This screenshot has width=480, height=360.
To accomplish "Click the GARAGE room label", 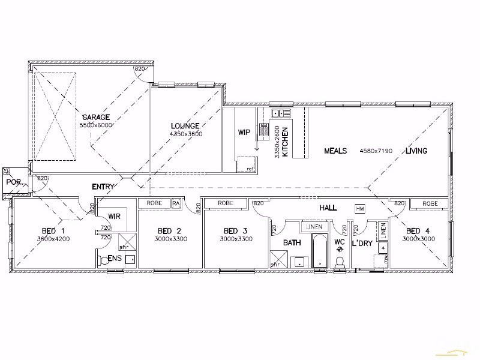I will pyautogui.click(x=95, y=117).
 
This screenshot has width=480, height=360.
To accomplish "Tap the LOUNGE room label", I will pyautogui.click(x=185, y=126).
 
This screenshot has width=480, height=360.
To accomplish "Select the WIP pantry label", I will pyautogui.click(x=244, y=132).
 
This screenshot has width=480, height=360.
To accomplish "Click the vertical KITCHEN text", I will pyautogui.click(x=286, y=142).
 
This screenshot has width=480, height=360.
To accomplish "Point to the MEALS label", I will pyautogui.click(x=336, y=151).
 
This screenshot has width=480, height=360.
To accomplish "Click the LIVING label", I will pyautogui.click(x=416, y=151).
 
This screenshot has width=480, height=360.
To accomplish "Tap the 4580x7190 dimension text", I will pyautogui.click(x=376, y=151).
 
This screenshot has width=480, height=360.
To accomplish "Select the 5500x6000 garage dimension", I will pyautogui.click(x=96, y=125).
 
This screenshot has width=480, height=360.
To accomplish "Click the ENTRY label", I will pyautogui.click(x=103, y=187).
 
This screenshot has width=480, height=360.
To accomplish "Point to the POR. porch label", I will pyautogui.click(x=13, y=182).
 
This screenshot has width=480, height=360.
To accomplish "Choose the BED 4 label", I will pyautogui.click(x=418, y=231).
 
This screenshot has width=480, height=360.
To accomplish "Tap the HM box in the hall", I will pyautogui.click(x=360, y=208).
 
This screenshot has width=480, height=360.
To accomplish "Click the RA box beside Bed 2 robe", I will pyautogui.click(x=176, y=204).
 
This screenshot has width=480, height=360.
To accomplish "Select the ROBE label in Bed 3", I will pyautogui.click(x=226, y=204).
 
